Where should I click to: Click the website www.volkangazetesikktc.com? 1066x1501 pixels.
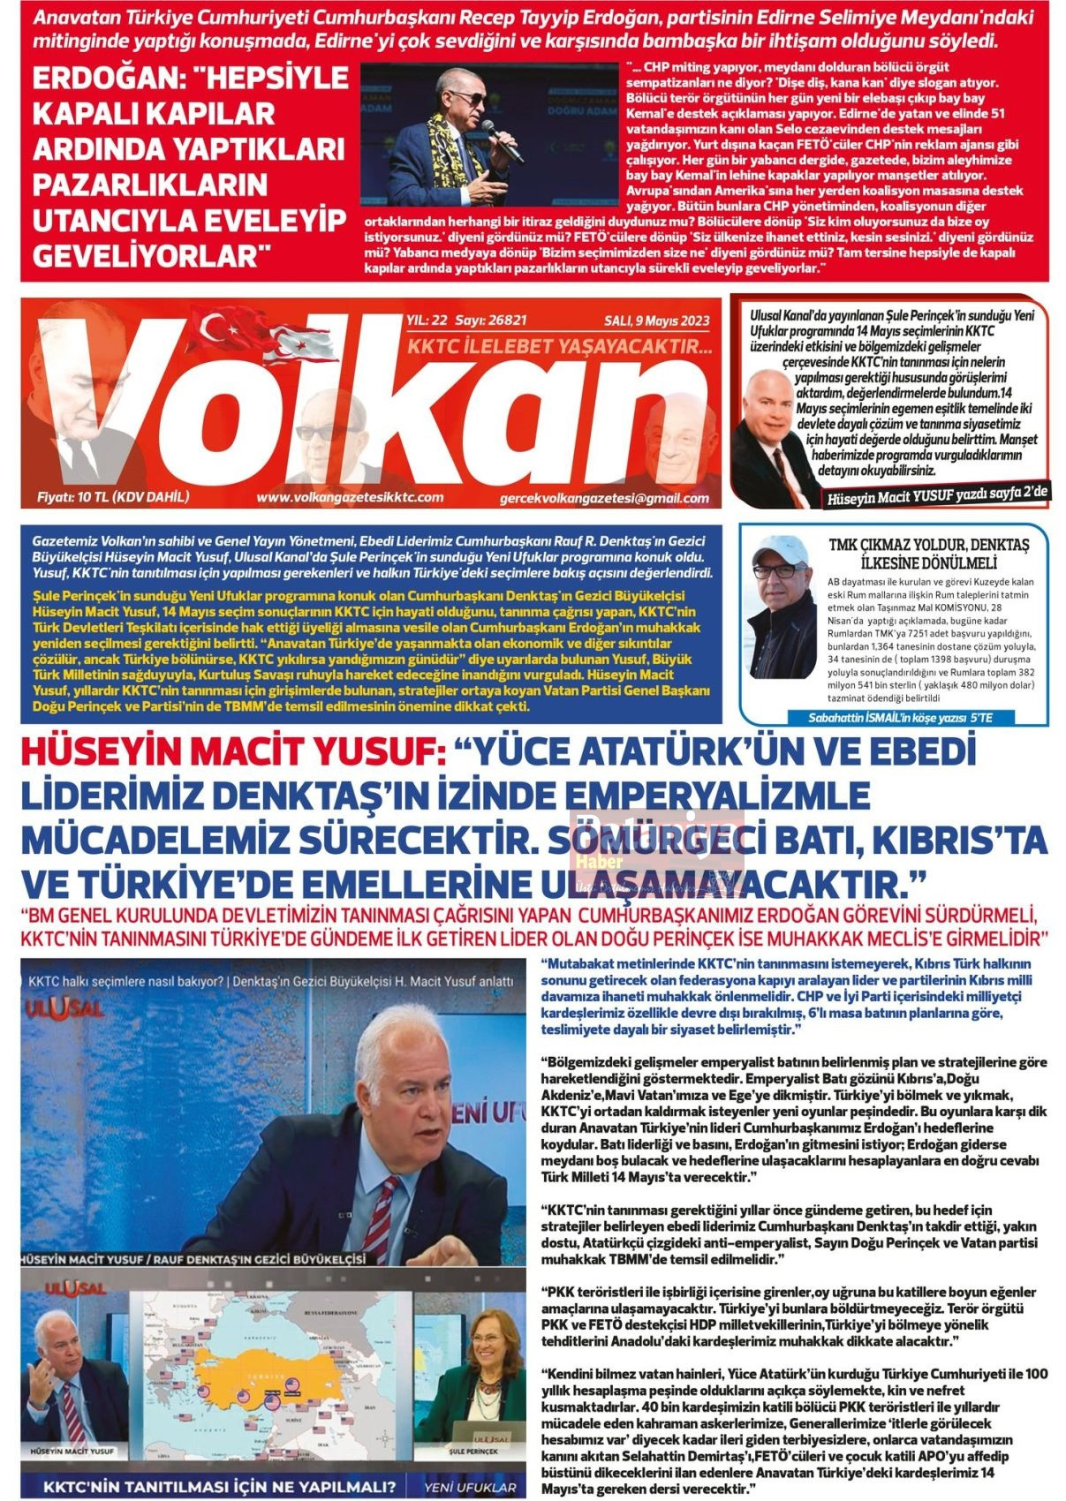pyautogui.click(x=350, y=497)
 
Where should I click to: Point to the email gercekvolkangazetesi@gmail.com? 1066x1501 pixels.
pyautogui.click(x=604, y=498)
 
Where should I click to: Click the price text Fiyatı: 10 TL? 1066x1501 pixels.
pyautogui.click(x=113, y=496)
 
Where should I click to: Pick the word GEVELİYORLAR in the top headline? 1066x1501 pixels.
pyautogui.click(x=150, y=256)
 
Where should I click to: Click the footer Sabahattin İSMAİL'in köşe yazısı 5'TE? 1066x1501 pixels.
pyautogui.click(x=900, y=718)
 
